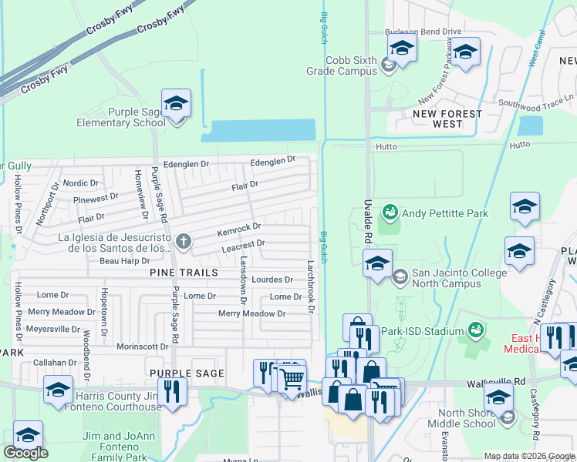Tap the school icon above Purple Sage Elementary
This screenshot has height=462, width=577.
[176, 104]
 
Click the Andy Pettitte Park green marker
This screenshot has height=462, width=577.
[390, 211]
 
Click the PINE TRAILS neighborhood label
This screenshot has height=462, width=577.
[184, 273]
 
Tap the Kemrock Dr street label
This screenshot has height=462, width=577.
[239, 229]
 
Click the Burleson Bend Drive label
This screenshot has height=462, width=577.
[423, 32]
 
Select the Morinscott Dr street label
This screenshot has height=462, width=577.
[142, 346]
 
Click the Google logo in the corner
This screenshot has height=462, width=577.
[25, 453]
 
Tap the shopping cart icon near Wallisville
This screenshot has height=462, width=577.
[291, 380]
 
